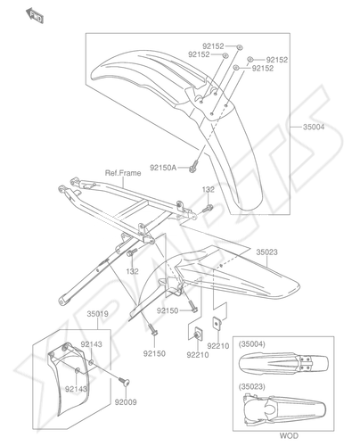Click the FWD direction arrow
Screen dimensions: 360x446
35,16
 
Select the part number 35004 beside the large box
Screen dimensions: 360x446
314,127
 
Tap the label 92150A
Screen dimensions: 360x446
163,168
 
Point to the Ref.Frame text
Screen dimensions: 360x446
123,173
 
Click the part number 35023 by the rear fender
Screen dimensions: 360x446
266,252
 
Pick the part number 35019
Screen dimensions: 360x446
97,314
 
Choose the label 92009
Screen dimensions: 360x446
126,402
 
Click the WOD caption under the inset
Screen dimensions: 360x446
289,436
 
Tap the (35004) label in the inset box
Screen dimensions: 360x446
252,344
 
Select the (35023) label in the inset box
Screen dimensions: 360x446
252,387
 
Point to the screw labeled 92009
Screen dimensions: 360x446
124,382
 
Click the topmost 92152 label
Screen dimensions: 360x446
213,46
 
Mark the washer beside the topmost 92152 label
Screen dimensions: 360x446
240,46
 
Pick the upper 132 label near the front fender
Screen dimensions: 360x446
209,189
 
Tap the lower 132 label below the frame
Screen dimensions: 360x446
132,271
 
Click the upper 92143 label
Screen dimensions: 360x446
91,344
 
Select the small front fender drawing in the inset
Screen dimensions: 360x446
284,362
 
